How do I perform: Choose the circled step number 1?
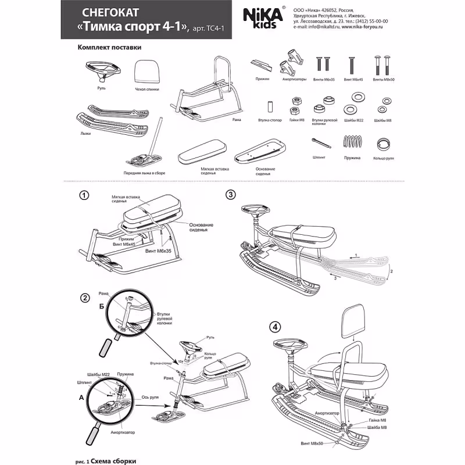point(84,195)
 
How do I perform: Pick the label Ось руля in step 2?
point(150,396)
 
